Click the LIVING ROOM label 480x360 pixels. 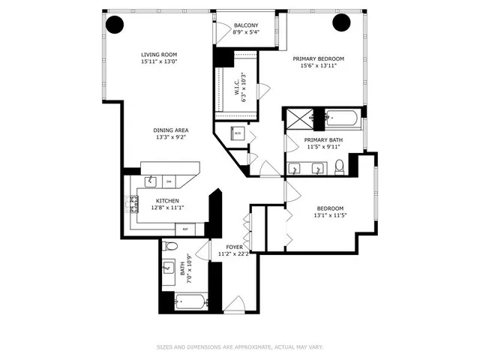pyautogui.click(x=158, y=55)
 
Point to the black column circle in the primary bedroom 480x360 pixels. pyautogui.click(x=342, y=23)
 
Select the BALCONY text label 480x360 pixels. pyautogui.click(x=245, y=25)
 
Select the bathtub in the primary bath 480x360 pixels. pyautogui.click(x=343, y=118)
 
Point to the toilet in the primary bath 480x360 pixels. pyautogui.click(x=339, y=165)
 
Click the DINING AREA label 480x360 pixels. pyautogui.click(x=171, y=130)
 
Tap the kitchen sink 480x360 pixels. pyautogui.click(x=151, y=180)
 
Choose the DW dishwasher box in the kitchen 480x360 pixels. pyautogui.click(x=169, y=181)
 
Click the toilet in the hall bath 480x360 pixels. pyautogui.click(x=170, y=246)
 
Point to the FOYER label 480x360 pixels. pyautogui.click(x=234, y=246)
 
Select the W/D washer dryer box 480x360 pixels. pyautogui.click(x=238, y=133)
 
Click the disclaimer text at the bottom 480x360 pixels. pyautogui.click(x=240, y=346)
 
